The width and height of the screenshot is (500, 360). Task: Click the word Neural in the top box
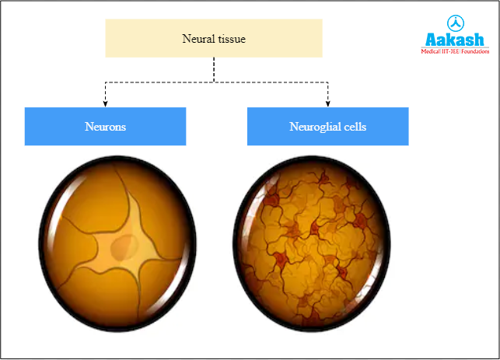pos(196,38)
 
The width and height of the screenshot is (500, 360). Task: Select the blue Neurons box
pos(105,126)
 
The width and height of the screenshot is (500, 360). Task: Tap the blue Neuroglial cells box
pos(327,126)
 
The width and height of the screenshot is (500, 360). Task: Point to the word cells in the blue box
pos(355,126)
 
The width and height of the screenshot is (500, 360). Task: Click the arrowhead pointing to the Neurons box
pos(105,103)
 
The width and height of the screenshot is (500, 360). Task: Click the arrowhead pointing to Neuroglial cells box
pos(327,103)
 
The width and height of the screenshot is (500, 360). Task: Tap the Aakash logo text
pos(455,39)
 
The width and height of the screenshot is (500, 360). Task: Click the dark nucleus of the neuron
pos(121,248)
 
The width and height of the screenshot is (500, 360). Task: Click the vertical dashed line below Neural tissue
pos(214,68)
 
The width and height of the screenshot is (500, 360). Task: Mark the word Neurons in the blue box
pos(105,126)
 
